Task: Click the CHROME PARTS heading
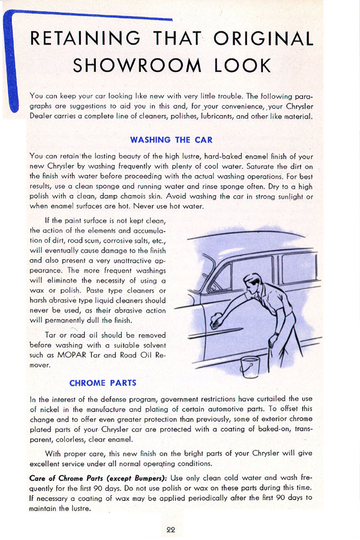tap(103, 383)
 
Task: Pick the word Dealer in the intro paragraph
tap(43, 116)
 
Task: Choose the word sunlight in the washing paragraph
tap(284, 196)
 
